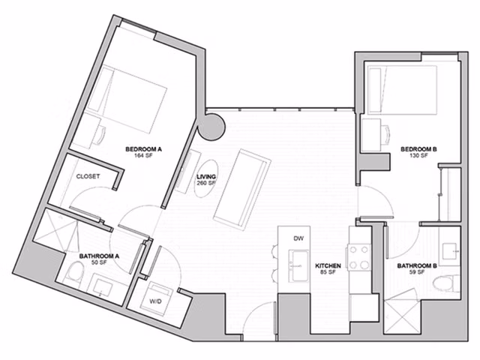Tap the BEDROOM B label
point(418,149)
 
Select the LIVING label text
point(206,177)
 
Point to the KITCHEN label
point(329,265)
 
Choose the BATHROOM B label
point(417,265)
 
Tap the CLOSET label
point(88,176)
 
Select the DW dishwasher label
point(298,238)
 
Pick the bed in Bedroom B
point(400,89)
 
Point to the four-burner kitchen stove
point(359,257)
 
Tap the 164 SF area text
point(143,157)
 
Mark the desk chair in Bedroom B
point(384,134)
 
